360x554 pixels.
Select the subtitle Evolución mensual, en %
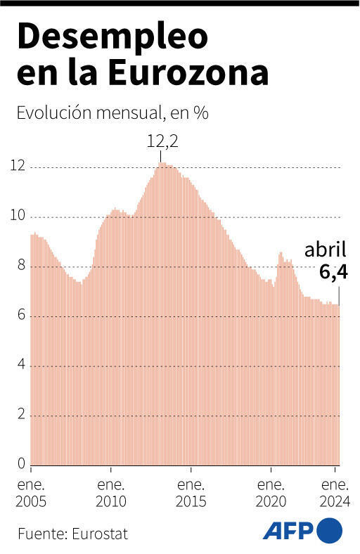pos(112,113)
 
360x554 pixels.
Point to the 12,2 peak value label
pos(162,141)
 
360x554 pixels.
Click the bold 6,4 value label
pos(333,272)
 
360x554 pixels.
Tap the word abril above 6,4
pos(325,250)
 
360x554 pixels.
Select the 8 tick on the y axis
pos(21,266)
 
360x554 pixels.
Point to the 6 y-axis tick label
pos(21,316)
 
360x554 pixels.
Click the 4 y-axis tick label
pos(21,365)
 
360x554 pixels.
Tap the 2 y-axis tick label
pos(21,415)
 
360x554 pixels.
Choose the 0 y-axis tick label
pos(21,464)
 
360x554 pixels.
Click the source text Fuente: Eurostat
pos(73,533)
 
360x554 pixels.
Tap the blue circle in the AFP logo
pos(330,529)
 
